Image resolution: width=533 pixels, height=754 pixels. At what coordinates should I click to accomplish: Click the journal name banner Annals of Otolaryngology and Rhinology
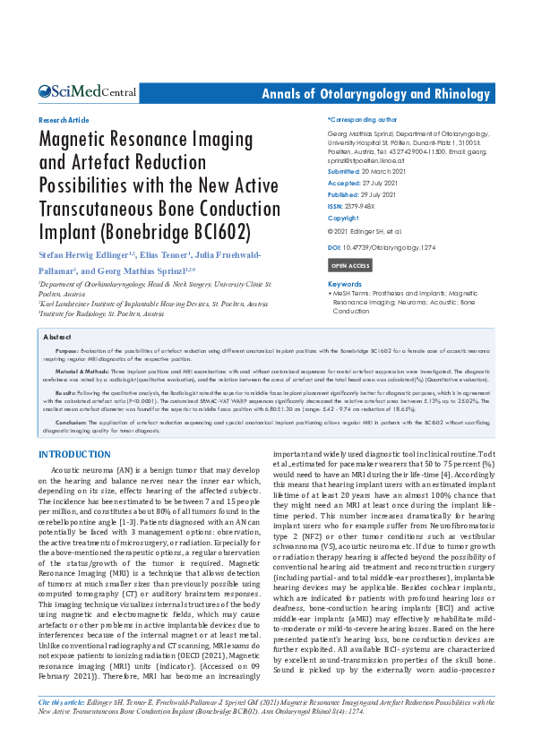pos(375,94)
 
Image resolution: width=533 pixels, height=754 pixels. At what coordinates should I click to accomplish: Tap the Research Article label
pos(64,119)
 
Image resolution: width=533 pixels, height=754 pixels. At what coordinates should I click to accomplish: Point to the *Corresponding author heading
pos(362,119)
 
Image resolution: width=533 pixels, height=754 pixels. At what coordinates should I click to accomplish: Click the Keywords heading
pos(345,284)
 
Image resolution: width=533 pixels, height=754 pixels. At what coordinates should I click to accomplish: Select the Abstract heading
pos(58,337)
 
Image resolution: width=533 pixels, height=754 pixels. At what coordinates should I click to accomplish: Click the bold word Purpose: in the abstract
pos(66,350)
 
